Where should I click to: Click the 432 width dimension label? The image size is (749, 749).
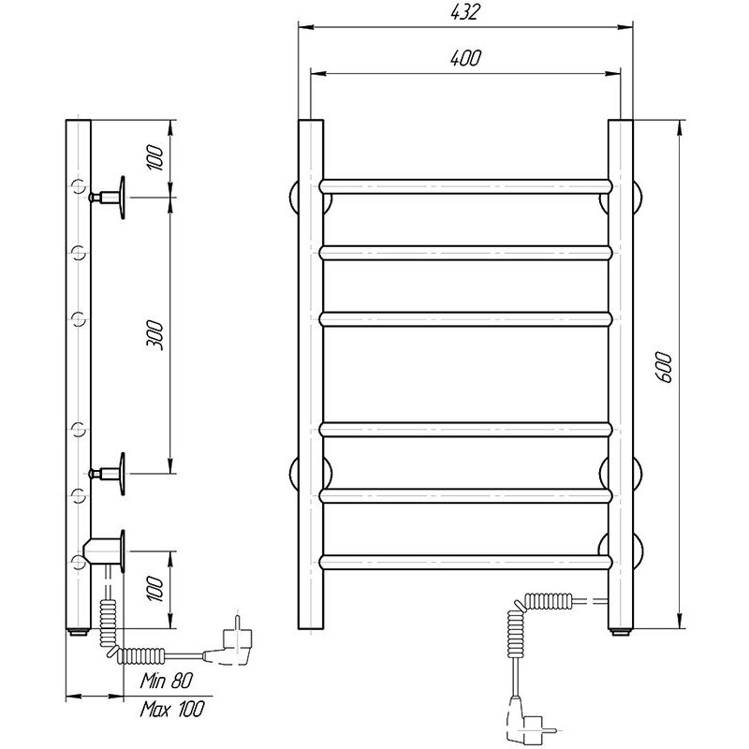(464, 12)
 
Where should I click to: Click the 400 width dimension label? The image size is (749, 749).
(465, 58)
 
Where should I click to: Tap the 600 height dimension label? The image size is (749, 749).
(664, 367)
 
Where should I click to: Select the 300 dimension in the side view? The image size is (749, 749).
(155, 336)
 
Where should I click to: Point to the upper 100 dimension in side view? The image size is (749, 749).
(155, 157)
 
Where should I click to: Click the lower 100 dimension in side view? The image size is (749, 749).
(155, 588)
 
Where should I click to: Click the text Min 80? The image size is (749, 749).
(167, 681)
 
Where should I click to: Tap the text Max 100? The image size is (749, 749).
(172, 709)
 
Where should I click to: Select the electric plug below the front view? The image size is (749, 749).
(528, 720)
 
